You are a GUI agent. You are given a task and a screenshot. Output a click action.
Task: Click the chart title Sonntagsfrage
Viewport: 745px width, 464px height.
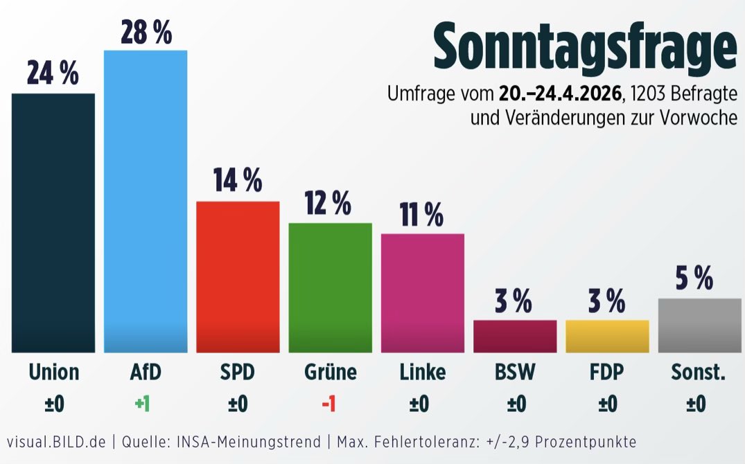pos(584,47)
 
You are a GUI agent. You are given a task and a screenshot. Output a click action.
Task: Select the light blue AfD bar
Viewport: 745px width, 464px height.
pos(146,201)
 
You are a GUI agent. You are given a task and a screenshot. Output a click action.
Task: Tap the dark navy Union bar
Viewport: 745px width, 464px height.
pos(53,222)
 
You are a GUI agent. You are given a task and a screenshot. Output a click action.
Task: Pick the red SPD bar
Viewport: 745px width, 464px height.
pos(238,276)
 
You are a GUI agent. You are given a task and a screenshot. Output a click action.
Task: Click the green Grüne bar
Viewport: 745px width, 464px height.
pos(330,287)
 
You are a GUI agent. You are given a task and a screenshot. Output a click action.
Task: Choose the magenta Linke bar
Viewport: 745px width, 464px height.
pos(422,293)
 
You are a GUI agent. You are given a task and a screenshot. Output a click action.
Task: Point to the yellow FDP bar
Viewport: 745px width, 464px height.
pos(607,336)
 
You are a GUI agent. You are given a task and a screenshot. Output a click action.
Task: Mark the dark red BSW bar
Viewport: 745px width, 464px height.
pos(515,336)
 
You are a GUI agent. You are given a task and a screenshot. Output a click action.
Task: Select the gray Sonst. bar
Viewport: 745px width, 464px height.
pos(699,325)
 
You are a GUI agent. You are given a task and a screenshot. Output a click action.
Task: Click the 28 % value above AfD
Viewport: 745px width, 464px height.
pos(146,32)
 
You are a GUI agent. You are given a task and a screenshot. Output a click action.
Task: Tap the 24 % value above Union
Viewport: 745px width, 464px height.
pos(53,73)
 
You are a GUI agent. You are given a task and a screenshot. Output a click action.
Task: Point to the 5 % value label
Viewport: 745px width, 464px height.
pos(694,278)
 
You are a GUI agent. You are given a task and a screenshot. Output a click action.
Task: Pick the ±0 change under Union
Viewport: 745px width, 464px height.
pos(54,404)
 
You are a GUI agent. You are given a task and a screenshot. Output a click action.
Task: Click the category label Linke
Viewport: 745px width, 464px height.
pos(422,373)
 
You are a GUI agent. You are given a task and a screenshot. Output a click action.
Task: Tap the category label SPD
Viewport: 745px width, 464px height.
pos(238,373)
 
